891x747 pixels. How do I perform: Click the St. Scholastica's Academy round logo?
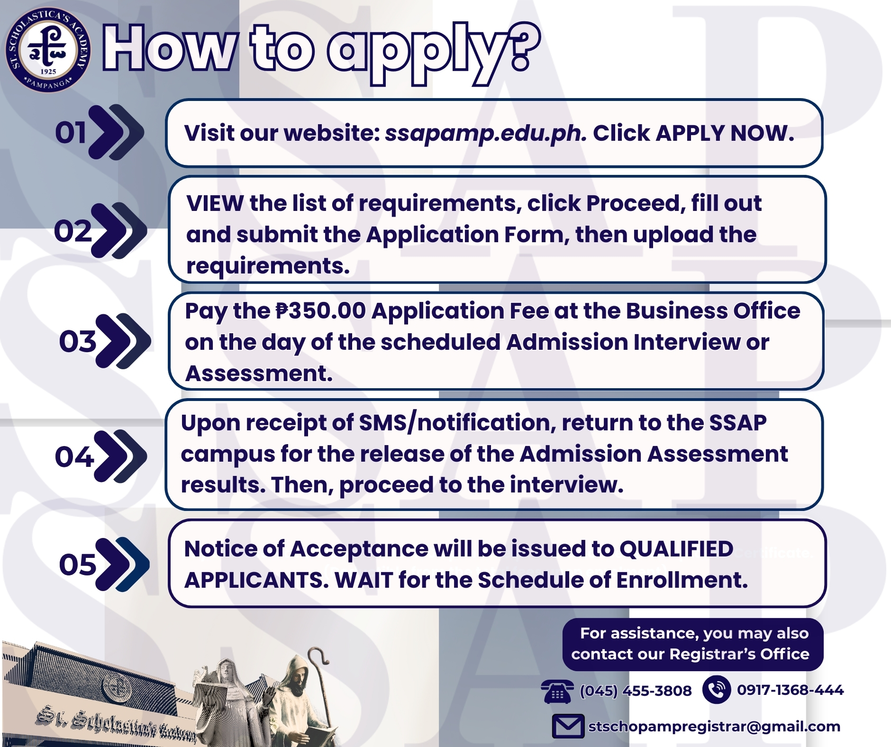tap(48, 49)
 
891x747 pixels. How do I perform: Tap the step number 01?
tap(71, 132)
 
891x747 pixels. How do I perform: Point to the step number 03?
tap(77, 341)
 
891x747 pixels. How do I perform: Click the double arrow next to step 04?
tap(121, 456)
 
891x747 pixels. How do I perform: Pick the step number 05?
tap(78, 565)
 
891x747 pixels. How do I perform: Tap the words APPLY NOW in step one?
tap(725, 133)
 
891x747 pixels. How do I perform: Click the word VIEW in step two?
tap(215, 203)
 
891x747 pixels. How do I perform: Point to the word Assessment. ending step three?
tap(259, 373)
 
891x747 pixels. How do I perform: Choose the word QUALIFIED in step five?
tap(676, 549)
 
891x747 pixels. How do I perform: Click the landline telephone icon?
tap(557, 691)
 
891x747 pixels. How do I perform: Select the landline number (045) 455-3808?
tap(636, 691)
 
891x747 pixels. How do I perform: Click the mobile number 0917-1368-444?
tap(790, 690)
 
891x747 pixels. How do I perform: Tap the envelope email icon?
tap(568, 726)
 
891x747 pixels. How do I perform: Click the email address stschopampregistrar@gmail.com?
tap(714, 727)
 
